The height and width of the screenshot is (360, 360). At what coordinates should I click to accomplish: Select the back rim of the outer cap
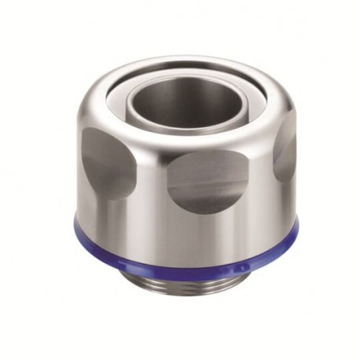(x=182, y=60)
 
